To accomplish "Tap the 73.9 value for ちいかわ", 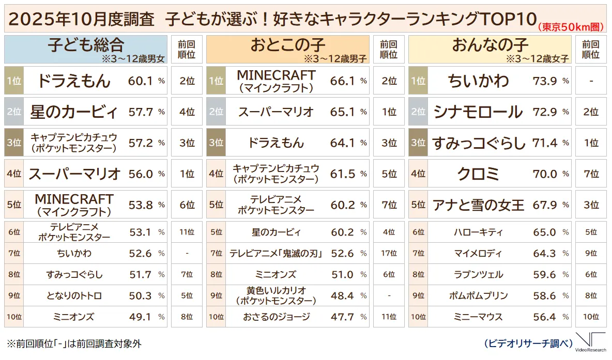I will pos(545,81).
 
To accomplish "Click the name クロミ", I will pos(478,174).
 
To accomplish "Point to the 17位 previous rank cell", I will pos(389,253).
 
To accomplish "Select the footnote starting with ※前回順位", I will pos(73,343).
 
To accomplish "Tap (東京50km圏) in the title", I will pos(572,27).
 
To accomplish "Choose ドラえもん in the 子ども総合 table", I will pos(73,81).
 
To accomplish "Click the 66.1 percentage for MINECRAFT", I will pos(342,81).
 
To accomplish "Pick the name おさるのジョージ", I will pos(277,317).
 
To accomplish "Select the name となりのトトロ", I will pos(73,295).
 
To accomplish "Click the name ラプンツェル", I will pos(478,274).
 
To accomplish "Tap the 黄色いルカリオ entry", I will pos(277,295).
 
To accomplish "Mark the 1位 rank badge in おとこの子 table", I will pos(216,81).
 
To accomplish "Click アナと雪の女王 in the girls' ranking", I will pos(478,205).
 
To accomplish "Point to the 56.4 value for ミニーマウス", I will pos(545,317).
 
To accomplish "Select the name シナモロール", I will pos(478,112).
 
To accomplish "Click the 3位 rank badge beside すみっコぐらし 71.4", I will pos(418,143).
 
